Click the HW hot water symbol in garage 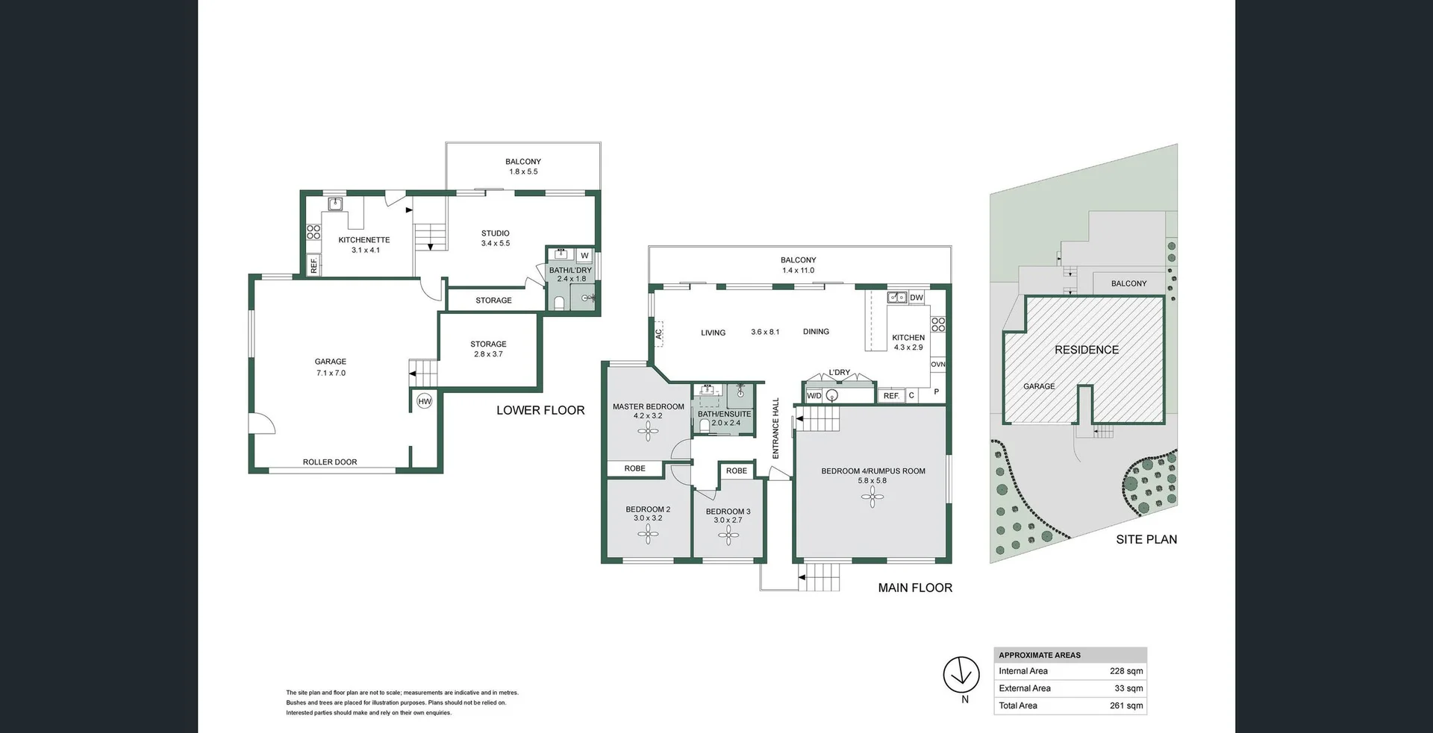coord(424,402)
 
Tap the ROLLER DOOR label coord(330,462)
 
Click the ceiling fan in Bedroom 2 coord(648,532)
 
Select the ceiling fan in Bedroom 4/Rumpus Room coord(872,498)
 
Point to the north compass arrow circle coord(961,675)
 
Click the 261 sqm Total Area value coord(1126,705)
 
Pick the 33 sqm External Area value coord(1128,688)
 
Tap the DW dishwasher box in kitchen coord(917,298)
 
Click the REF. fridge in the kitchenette coord(314,265)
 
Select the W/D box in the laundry coord(814,396)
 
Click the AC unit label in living coord(659,334)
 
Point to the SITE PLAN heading coord(1146,539)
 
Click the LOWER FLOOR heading coord(540,410)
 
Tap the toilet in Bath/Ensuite coord(705,426)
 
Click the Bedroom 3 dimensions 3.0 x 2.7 coord(728,520)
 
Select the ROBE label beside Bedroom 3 coord(736,471)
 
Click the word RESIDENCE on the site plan coord(1086,350)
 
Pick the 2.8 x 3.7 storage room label coord(488,354)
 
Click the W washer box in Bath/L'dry coord(584,256)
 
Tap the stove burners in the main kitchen coord(938,324)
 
